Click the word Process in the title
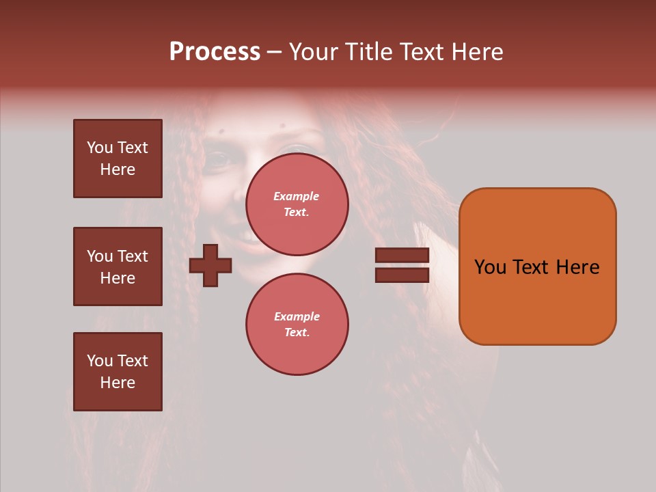pos(215,52)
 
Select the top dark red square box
pos(118,159)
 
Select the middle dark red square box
pos(118,266)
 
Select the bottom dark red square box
pos(118,372)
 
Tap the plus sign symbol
pos(210,265)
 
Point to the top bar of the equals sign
pos(402,255)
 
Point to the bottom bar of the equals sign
pos(402,275)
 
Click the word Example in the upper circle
pos(296,196)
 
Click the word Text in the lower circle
pos(296,332)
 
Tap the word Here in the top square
pos(118,169)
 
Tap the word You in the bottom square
pos(100,361)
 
